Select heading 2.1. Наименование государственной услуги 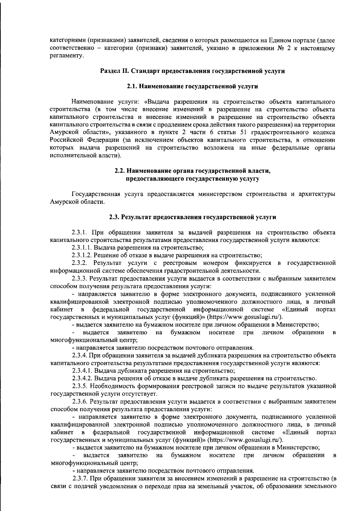pos(192,86)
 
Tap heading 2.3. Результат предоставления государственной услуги pos(192,217)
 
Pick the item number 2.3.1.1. pos(82,248)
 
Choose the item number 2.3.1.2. pos(82,256)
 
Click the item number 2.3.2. pos(79,263)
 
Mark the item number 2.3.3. pos(79,279)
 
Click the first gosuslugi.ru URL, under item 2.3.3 pos(244,317)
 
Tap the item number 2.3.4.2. pos(82,378)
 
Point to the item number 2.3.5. pos(79,386)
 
